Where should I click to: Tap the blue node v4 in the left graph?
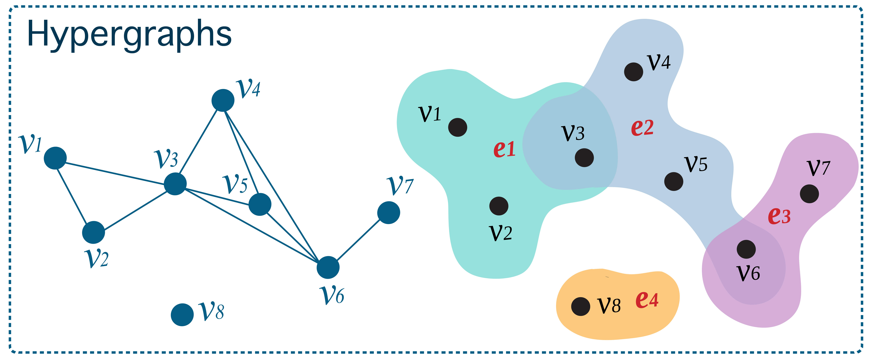click(x=223, y=100)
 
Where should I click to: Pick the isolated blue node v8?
click(x=182, y=315)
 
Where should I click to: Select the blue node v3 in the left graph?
click(x=175, y=184)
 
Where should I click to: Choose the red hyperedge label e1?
click(x=504, y=149)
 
